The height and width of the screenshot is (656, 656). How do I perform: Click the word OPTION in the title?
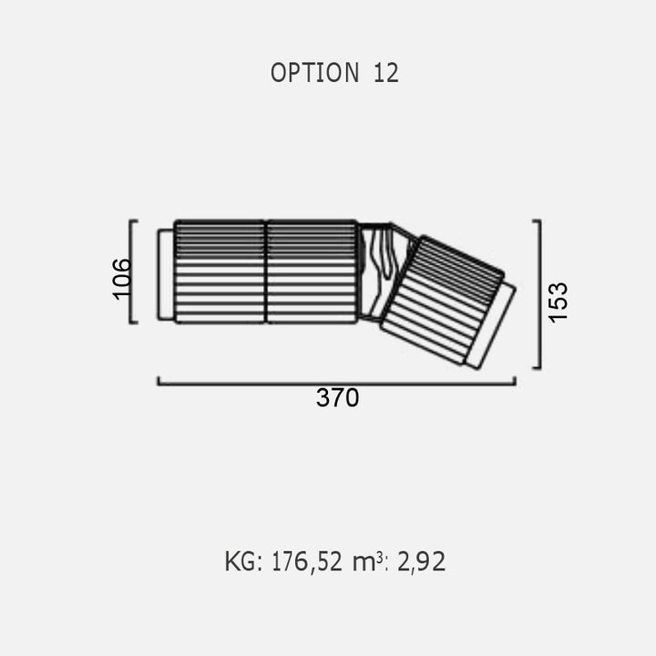[x=315, y=73]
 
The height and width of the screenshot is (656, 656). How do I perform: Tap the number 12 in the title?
[x=385, y=73]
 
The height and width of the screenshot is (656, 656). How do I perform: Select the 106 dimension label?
[x=122, y=279]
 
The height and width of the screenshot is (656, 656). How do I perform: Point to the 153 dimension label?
[x=559, y=302]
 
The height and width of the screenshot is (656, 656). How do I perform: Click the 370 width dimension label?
[x=337, y=397]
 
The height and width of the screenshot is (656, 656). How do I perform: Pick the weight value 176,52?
[x=307, y=561]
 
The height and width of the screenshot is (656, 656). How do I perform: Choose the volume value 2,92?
[x=421, y=561]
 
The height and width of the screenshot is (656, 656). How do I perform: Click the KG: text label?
[x=243, y=561]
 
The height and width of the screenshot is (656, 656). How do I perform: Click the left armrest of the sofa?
[x=166, y=274]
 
